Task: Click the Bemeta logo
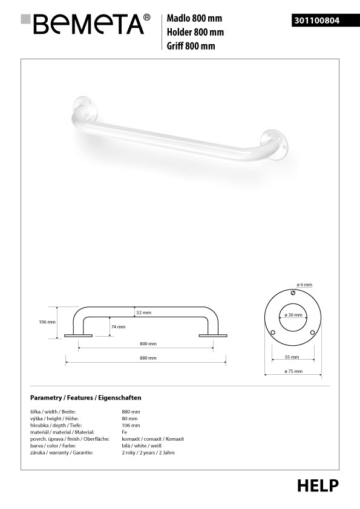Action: [x=85, y=24]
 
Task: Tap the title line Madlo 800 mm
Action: [x=194, y=18]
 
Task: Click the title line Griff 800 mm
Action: [x=191, y=46]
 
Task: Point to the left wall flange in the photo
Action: [x=85, y=108]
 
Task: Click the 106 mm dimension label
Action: [x=47, y=322]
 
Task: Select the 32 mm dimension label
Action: [x=143, y=313]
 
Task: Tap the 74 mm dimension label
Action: [x=118, y=326]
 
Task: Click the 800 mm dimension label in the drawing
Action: [x=148, y=343]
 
